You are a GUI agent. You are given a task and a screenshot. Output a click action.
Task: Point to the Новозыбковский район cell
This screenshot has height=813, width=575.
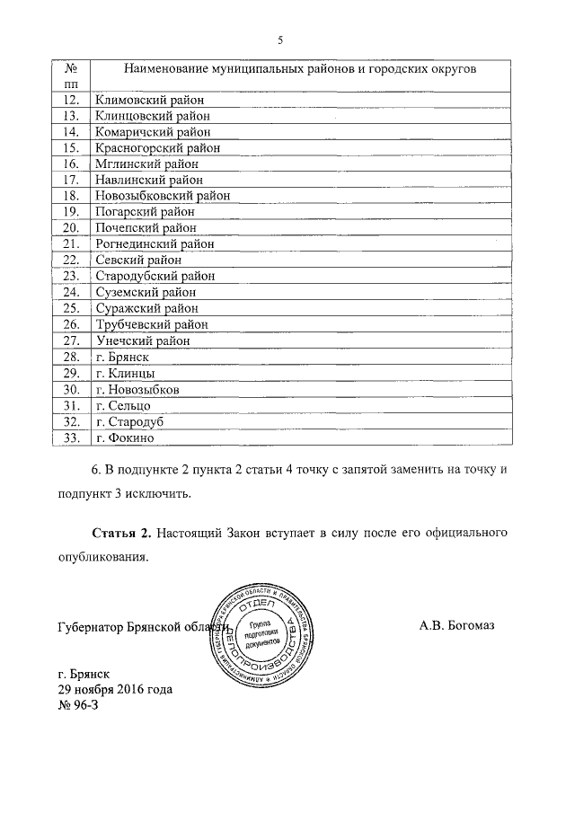coord(162,195)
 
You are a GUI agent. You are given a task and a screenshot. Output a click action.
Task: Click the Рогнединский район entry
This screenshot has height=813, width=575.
coord(155,243)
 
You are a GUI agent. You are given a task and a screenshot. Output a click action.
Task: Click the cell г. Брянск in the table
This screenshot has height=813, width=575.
coord(121,357)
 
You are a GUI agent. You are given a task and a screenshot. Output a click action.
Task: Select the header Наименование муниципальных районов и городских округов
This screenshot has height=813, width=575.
coord(300,68)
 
